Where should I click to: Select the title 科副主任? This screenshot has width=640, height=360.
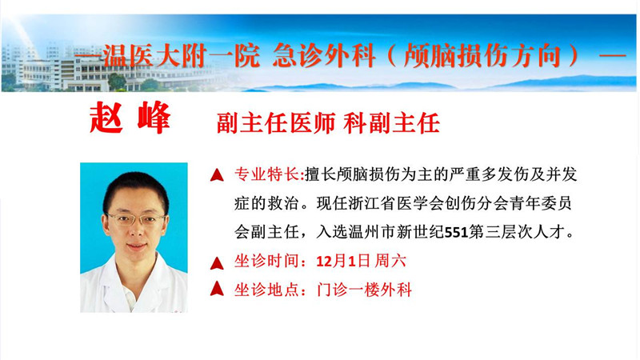pyautogui.click(x=392, y=123)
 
